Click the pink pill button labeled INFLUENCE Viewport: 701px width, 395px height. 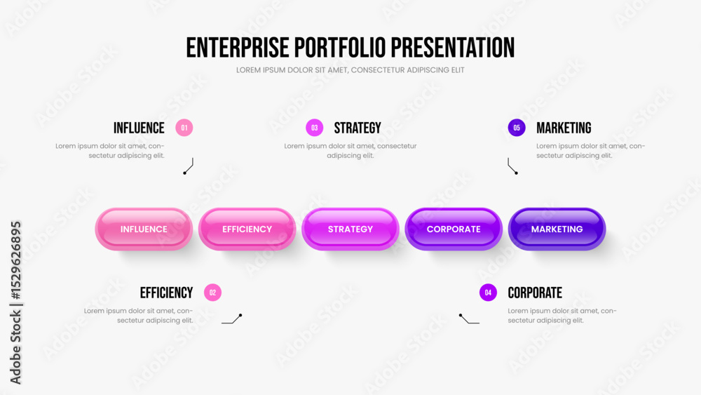[144, 229]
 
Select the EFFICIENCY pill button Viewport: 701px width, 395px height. [247, 229]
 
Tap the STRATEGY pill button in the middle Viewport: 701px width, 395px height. [350, 229]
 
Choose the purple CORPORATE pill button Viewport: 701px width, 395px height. [454, 229]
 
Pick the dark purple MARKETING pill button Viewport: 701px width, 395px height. [557, 229]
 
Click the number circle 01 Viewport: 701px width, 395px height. [184, 128]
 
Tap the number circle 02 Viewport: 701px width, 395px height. [212, 293]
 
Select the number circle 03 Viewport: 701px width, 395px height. [315, 128]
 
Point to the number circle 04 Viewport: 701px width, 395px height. [488, 293]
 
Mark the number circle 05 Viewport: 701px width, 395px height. [517, 128]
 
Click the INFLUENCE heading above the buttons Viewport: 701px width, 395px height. [139, 128]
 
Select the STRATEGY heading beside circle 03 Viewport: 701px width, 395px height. [358, 128]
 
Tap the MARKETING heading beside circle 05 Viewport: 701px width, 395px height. [564, 128]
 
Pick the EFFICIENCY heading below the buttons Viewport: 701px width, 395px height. [166, 293]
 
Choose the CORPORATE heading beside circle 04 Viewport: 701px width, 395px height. [535, 293]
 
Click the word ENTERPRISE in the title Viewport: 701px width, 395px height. [237, 48]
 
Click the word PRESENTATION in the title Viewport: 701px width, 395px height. [452, 48]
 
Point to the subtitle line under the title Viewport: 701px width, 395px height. [350, 70]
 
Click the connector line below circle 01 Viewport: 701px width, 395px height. [189, 166]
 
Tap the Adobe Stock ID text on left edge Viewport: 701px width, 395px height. [15, 302]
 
